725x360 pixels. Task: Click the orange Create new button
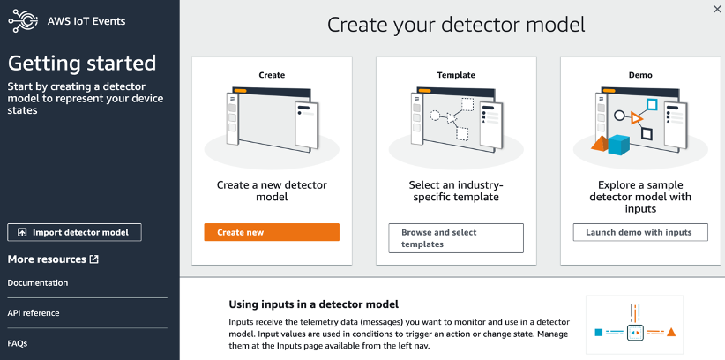pyautogui.click(x=272, y=232)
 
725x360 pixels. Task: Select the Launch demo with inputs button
pyautogui.click(x=640, y=232)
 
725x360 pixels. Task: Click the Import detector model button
pyautogui.click(x=74, y=232)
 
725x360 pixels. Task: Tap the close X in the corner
pyautogui.click(x=716, y=8)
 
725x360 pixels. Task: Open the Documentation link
pyautogui.click(x=38, y=282)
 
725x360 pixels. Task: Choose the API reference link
pyautogui.click(x=34, y=312)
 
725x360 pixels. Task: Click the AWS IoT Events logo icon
pyautogui.click(x=23, y=21)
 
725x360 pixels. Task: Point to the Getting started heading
pyautogui.click(x=82, y=64)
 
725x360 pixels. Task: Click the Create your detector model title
pyautogui.click(x=456, y=24)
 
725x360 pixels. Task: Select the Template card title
pyautogui.click(x=456, y=75)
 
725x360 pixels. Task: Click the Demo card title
pyautogui.click(x=640, y=75)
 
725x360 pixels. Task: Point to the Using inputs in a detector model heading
pyautogui.click(x=313, y=304)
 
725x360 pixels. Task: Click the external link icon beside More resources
pyautogui.click(x=94, y=259)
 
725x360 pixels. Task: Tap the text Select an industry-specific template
pyautogui.click(x=456, y=191)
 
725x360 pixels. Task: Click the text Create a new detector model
pyautogui.click(x=272, y=191)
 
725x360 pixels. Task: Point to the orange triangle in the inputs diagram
pyautogui.click(x=671, y=333)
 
